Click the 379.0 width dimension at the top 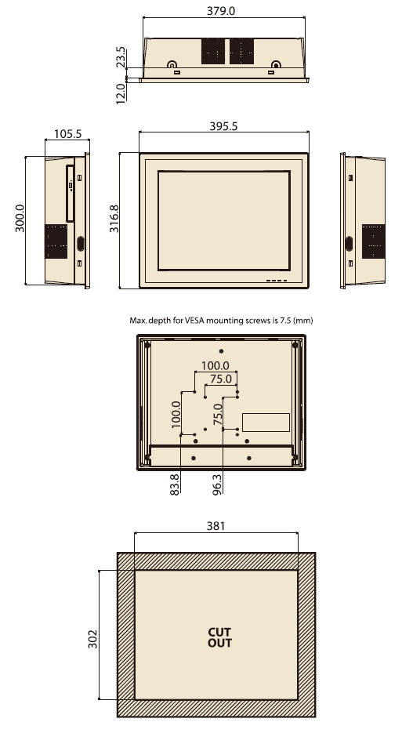(x=221, y=11)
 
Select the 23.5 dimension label (x=120, y=57)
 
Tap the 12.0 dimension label (x=120, y=93)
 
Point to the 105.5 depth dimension (x=67, y=134)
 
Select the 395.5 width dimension (x=223, y=126)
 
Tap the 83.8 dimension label (x=174, y=485)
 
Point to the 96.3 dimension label (x=217, y=485)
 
